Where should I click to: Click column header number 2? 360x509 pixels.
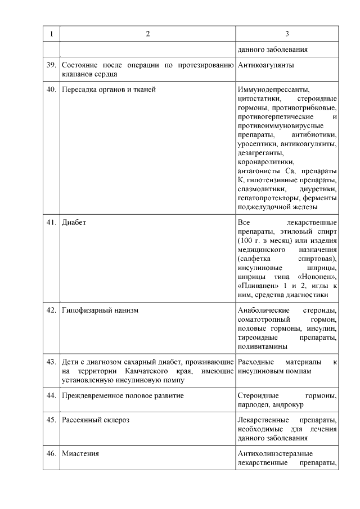point(147,34)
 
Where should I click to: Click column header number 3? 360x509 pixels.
point(287,34)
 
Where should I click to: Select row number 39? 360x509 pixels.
point(51,65)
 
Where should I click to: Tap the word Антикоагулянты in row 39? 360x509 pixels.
point(266,65)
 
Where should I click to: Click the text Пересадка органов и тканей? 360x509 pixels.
point(109,89)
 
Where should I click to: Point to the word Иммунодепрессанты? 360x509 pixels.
point(274,89)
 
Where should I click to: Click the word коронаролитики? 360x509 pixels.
point(262,161)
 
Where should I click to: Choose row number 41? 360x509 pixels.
point(51,222)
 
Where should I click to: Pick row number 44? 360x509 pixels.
point(51,396)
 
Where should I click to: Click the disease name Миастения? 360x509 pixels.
point(80,453)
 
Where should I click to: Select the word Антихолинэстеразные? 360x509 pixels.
point(275,453)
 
